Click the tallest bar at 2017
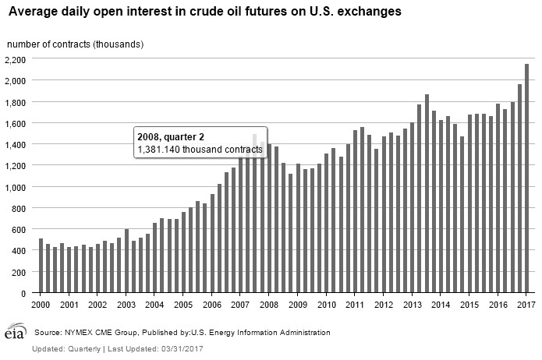tap(526, 179)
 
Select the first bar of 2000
tap(41, 266)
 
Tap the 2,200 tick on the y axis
tap(16, 59)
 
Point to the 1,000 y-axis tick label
tap(16, 187)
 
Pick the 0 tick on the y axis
tap(23, 294)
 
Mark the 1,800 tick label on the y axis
tap(16, 102)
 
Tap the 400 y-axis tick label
tap(19, 251)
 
